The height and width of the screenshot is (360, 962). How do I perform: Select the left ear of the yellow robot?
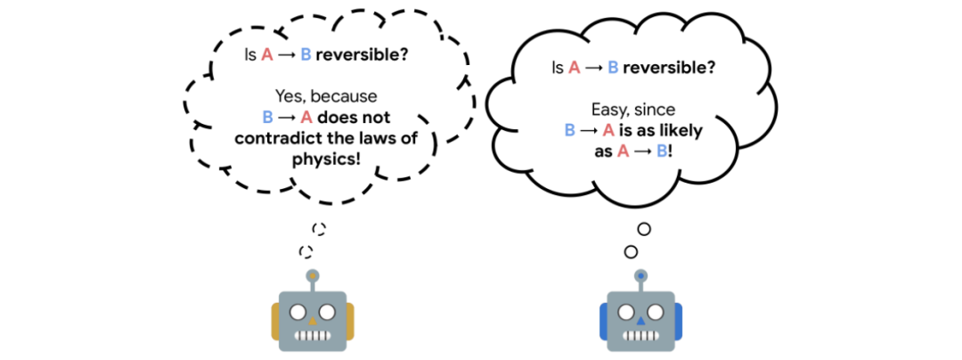[x=276, y=321]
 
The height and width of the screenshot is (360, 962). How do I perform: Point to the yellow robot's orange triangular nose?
[x=312, y=317]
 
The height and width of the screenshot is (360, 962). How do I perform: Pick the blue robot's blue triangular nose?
[x=640, y=317]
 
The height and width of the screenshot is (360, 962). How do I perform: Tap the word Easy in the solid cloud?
[x=607, y=109]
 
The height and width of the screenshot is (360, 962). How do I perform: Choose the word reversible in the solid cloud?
[x=673, y=68]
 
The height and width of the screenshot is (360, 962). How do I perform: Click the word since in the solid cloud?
[x=653, y=109]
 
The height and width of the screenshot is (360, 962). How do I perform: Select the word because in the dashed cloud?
[x=345, y=95]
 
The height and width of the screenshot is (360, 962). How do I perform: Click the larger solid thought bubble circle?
[x=644, y=229]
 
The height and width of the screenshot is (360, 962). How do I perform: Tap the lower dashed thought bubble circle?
[x=306, y=251]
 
